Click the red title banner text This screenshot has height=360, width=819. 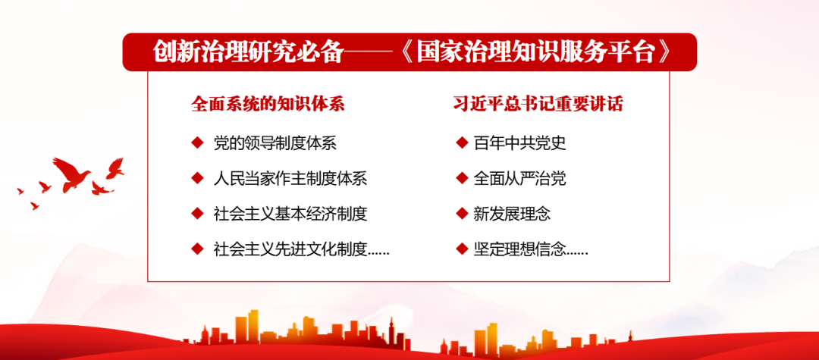click(411, 52)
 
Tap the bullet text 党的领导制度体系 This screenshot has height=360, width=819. click(275, 143)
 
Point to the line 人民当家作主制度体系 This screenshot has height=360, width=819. click(290, 178)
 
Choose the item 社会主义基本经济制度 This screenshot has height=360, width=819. click(290, 214)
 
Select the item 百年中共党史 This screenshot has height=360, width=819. click(519, 143)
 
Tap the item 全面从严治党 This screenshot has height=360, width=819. click(519, 178)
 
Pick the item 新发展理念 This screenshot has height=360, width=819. click(512, 214)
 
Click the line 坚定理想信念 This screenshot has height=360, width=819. click(519, 249)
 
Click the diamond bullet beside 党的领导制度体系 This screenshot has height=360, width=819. click(197, 142)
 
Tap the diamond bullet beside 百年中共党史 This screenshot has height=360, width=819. click(462, 142)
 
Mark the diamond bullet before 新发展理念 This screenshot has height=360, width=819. click(462, 214)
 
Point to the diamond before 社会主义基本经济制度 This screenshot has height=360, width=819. click(197, 214)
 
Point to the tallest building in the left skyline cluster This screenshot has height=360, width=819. click(253, 327)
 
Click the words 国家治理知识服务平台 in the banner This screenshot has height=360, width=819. click(538, 52)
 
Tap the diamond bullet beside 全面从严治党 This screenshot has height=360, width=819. click(462, 178)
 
